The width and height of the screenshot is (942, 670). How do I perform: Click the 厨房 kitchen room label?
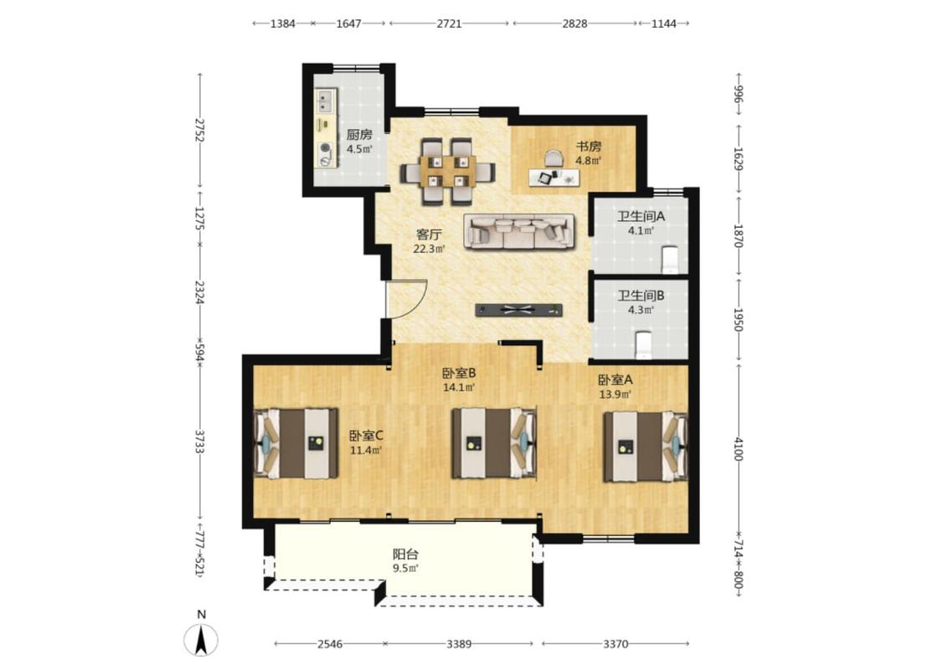tap(359, 135)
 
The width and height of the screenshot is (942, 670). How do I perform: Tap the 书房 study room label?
tap(589, 146)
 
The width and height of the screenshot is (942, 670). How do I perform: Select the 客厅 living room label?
tap(429, 234)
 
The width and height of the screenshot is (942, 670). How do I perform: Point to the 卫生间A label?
tap(641, 216)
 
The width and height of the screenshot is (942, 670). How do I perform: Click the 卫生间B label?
tap(641, 296)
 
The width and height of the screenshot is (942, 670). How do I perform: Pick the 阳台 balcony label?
tap(405, 554)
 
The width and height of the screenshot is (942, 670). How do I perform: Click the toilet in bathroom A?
tap(670, 259)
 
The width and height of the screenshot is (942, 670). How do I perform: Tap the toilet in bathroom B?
tap(643, 344)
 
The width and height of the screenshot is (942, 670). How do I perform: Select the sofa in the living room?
tap(520, 231)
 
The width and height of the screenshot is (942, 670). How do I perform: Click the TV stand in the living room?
tap(519, 310)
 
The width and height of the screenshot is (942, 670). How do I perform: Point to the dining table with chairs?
tap(448, 172)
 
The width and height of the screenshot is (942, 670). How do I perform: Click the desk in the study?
tap(554, 178)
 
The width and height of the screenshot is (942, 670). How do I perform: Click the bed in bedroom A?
tap(646, 446)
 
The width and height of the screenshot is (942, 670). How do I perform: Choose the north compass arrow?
tap(202, 639)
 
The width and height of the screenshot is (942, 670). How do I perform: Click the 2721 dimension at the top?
tap(449, 23)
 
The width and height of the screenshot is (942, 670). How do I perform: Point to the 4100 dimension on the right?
tap(739, 450)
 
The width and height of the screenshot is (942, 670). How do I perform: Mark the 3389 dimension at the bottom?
tap(458, 643)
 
